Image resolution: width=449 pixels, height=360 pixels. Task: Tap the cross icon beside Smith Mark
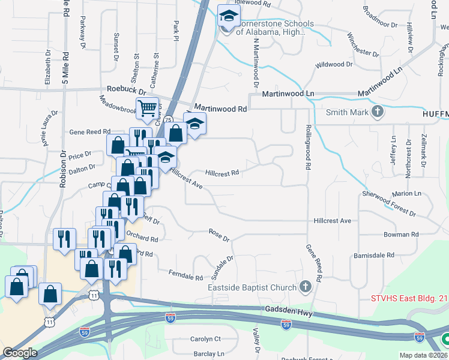378,112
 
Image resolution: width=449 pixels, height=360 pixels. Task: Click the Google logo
20,353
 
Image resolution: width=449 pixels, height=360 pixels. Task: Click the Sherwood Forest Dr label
389,203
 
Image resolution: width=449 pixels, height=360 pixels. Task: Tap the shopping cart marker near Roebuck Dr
147,108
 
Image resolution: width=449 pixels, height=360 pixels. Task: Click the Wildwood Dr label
338,64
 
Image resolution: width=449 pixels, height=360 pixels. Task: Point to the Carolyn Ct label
205,339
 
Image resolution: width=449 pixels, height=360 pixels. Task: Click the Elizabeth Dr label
47,67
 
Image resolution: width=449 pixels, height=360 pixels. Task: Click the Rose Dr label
219,235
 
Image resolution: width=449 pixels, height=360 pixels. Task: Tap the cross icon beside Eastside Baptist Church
306,287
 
